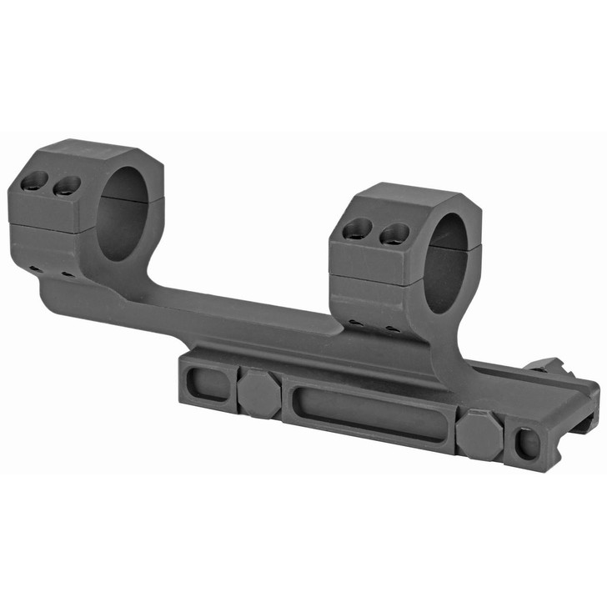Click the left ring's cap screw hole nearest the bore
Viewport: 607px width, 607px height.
67,185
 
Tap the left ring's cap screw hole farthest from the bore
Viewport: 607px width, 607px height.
36,179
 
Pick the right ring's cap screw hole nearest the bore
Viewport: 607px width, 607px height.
394,234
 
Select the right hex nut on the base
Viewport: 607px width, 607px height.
479,434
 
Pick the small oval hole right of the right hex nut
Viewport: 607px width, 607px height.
527,444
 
